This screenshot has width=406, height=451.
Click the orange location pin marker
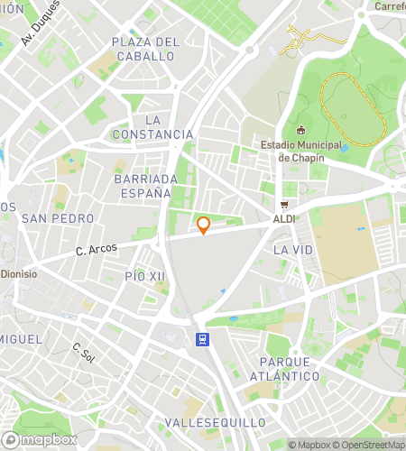pyautogui.click(x=204, y=225)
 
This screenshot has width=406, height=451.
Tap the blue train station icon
pyautogui.click(x=203, y=340)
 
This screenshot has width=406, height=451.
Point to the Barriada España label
pyautogui.click(x=143, y=186)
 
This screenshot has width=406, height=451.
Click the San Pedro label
pyautogui.click(x=58, y=218)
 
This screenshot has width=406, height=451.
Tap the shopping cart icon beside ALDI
pyautogui.click(x=285, y=205)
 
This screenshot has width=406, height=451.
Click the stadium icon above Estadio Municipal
pyautogui.click(x=300, y=130)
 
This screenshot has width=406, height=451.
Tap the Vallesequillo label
pyautogui.click(x=216, y=422)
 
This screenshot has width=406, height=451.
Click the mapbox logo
pyautogui.click(x=42, y=439)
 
